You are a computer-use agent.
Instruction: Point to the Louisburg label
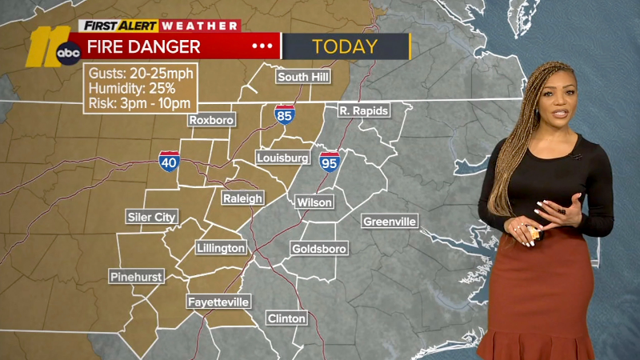(x=282, y=158)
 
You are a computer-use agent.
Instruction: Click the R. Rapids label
(x=362, y=110)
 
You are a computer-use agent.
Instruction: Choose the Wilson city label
(x=314, y=202)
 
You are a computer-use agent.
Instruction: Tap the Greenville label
(x=390, y=222)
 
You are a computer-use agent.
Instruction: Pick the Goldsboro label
(x=319, y=249)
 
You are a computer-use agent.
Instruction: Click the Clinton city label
(x=286, y=318)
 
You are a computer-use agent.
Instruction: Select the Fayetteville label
(x=218, y=302)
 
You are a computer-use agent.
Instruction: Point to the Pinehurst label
(x=136, y=277)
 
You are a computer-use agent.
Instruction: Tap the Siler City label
(x=152, y=217)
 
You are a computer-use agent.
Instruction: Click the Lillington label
(x=222, y=248)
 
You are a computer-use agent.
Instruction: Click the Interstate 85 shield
(x=284, y=114)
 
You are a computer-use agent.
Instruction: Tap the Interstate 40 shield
(x=168, y=160)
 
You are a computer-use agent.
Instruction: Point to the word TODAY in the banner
(x=345, y=46)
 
